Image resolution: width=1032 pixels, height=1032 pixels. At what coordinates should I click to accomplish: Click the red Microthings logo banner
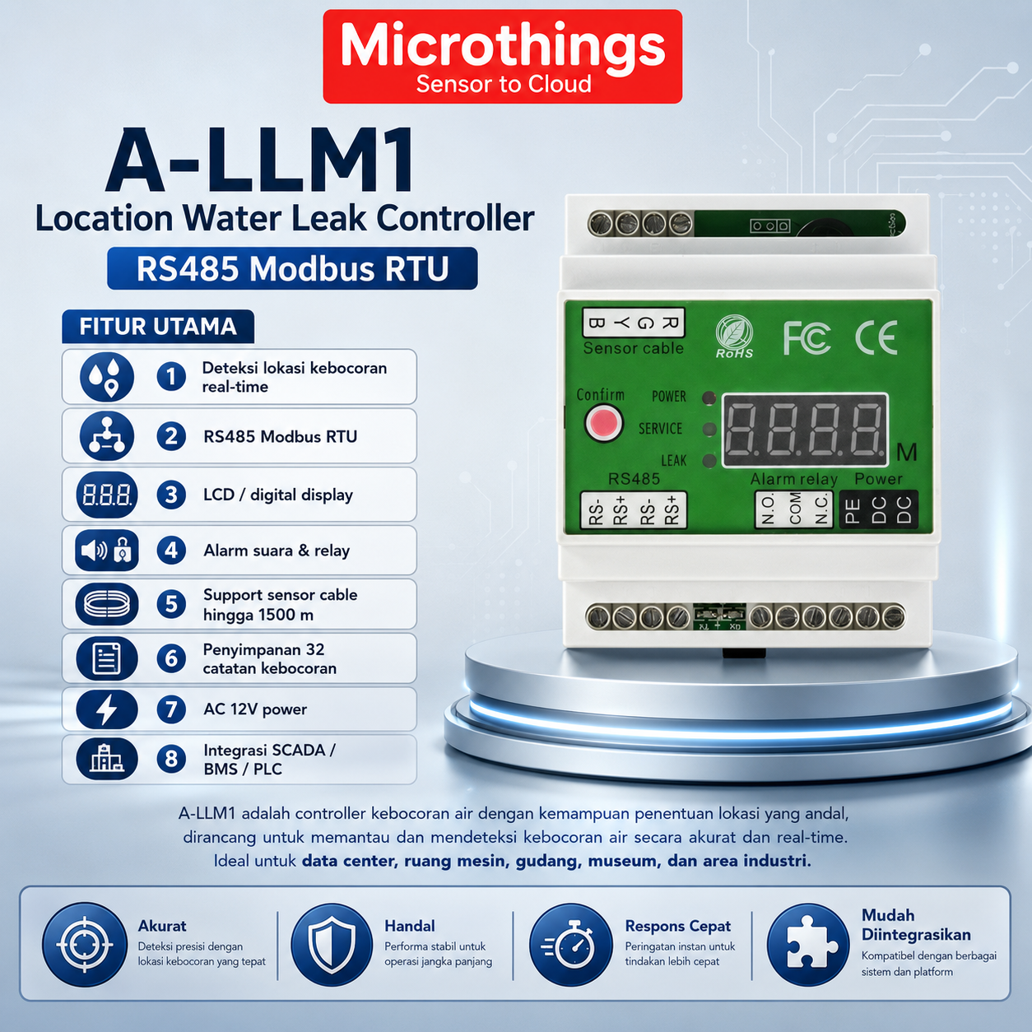502,56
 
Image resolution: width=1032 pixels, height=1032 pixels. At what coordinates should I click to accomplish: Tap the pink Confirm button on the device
603,423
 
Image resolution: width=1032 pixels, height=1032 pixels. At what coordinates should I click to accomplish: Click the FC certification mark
807,338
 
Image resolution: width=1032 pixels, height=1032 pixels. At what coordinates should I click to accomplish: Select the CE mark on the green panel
876,337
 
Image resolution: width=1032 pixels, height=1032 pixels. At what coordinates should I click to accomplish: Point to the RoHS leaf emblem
734,337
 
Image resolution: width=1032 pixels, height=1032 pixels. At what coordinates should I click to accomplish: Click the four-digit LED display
805,430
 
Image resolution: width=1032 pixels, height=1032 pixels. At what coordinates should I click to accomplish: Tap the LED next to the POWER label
709,397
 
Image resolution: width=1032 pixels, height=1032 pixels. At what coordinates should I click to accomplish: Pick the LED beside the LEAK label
709,461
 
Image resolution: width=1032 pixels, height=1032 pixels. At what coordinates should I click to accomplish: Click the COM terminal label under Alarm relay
795,509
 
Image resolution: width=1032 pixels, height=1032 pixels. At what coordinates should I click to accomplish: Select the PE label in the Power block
853,510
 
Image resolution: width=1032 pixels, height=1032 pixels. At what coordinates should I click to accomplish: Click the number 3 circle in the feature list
171,495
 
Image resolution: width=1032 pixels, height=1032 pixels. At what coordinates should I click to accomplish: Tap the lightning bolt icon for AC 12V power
106,709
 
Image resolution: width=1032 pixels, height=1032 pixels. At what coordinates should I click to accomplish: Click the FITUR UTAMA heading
158,326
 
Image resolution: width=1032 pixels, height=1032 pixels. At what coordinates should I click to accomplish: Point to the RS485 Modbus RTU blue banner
292,268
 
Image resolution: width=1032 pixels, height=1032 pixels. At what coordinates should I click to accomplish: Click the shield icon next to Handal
332,945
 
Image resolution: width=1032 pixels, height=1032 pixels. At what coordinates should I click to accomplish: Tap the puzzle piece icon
808,945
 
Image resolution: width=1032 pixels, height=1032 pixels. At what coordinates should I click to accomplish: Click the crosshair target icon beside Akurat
85,945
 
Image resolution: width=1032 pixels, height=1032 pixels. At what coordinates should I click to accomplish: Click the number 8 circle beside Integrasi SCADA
171,759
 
